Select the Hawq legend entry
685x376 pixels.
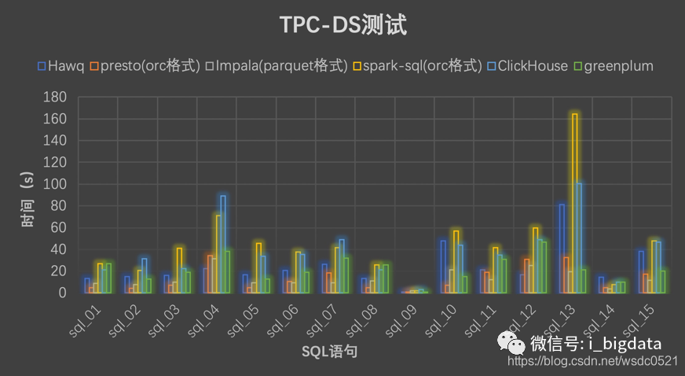point(61,65)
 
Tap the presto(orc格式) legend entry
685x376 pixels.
point(147,65)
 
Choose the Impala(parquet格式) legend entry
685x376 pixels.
point(277,65)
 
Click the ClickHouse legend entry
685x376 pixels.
point(527,65)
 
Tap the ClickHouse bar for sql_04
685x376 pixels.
point(223,244)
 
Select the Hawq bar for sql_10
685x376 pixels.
point(443,267)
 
